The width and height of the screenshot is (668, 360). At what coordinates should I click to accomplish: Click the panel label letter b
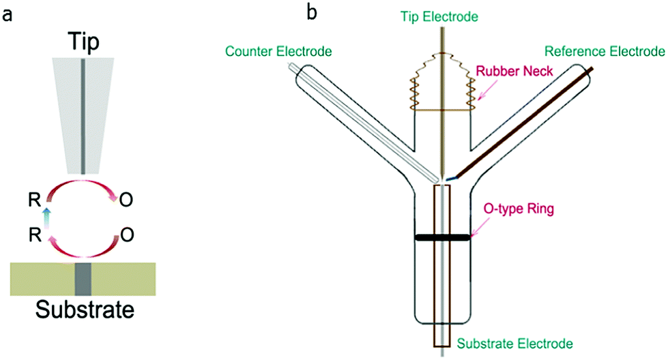pyautogui.click(x=313, y=13)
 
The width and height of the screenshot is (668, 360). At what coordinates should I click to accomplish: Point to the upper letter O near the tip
pyautogui.click(x=126, y=202)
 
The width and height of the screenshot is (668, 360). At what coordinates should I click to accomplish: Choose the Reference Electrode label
pyautogui.click(x=604, y=51)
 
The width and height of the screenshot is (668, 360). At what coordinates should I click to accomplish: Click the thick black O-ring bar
pyautogui.click(x=442, y=238)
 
